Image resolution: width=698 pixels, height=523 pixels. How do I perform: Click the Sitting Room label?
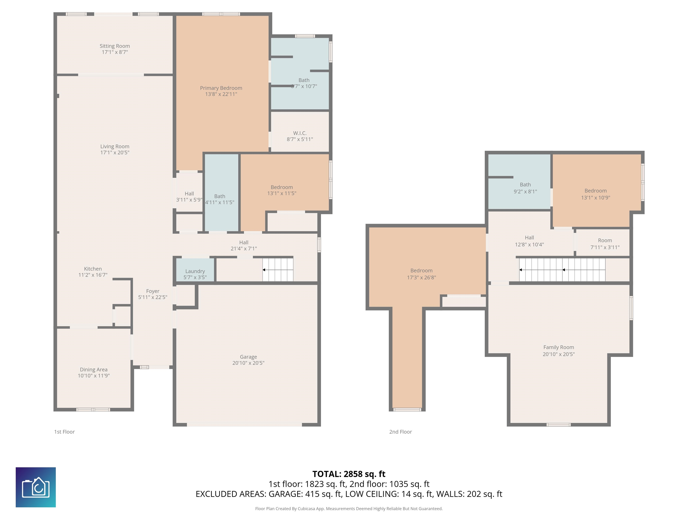pyautogui.click(x=115, y=46)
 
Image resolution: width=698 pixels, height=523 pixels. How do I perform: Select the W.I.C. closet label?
pyautogui.click(x=299, y=133)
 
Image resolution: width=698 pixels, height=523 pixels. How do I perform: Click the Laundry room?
pyautogui.click(x=195, y=271)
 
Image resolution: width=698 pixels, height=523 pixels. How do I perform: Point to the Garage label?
pyautogui.click(x=248, y=357)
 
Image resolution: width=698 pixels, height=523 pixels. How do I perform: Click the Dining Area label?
pyautogui.click(x=93, y=370)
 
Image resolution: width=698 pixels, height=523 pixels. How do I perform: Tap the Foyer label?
pyautogui.click(x=152, y=291)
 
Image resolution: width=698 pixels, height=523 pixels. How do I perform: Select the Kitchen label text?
pyautogui.click(x=93, y=269)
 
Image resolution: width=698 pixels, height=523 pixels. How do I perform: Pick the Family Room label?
pyautogui.click(x=558, y=347)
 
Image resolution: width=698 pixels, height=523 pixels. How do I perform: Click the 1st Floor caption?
pyautogui.click(x=64, y=432)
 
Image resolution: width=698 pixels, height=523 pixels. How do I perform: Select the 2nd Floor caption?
pyautogui.click(x=400, y=432)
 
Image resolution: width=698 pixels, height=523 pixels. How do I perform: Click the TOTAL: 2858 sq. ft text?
pyautogui.click(x=349, y=474)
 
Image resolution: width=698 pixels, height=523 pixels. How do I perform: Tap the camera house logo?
pyautogui.click(x=36, y=487)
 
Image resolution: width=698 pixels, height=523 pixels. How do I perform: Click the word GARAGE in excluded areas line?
pyautogui.click(x=285, y=494)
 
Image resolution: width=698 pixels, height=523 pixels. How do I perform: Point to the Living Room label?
pyautogui.click(x=115, y=146)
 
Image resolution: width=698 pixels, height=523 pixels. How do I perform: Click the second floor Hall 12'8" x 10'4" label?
pyautogui.click(x=529, y=241)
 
